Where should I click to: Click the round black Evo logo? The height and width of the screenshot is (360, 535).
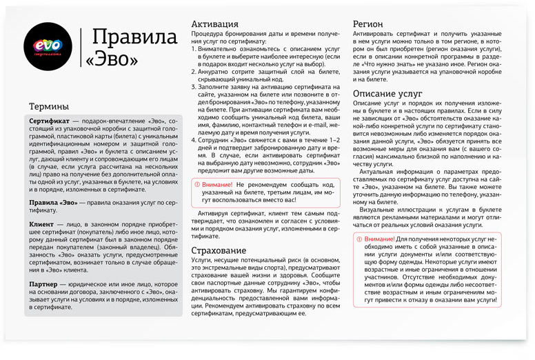[48, 46]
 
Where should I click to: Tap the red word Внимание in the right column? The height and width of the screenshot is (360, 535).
[377, 239]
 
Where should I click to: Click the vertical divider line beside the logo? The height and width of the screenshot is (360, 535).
[81, 46]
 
